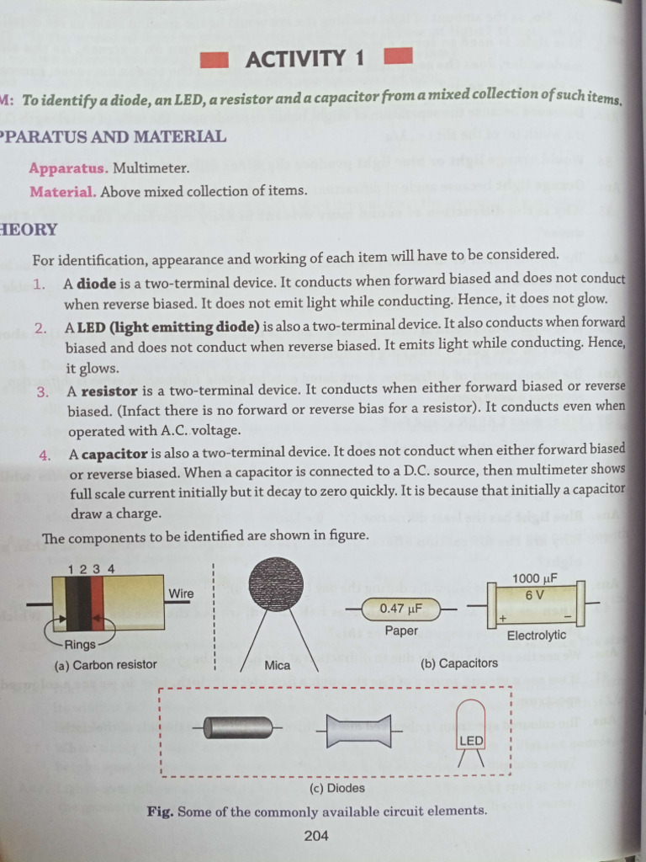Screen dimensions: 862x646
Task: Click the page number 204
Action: (x=316, y=835)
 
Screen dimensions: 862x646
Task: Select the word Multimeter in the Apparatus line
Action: (x=151, y=168)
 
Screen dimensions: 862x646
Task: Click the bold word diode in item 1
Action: (x=97, y=284)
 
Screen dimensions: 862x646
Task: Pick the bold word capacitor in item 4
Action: (x=114, y=455)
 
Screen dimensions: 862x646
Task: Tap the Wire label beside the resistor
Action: (x=181, y=593)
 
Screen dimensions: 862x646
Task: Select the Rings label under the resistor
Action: (x=80, y=646)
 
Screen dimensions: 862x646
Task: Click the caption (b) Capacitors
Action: (x=459, y=663)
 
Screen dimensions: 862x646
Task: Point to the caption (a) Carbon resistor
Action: (x=105, y=665)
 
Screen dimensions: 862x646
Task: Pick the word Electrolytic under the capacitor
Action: (x=536, y=636)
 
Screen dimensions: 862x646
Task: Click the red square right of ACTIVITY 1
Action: (x=398, y=58)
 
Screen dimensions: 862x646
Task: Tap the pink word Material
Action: (x=63, y=191)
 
